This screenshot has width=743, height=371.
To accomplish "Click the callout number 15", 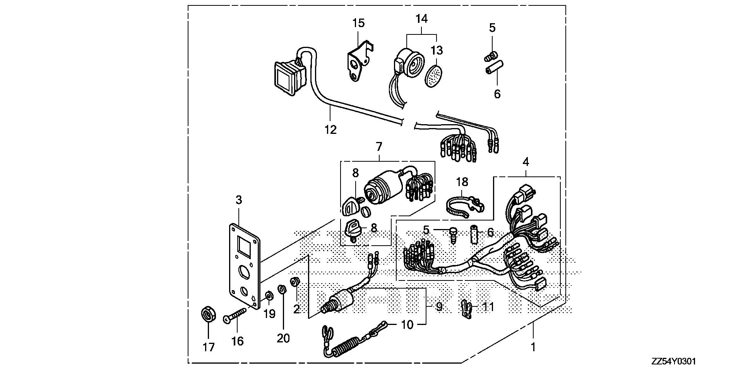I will [358, 23].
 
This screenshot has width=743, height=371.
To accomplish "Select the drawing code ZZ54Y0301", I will [673, 362].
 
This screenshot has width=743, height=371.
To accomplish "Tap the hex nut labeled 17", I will [208, 314].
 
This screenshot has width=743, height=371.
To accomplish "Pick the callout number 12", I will [330, 129].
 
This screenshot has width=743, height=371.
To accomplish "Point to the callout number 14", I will [422, 18].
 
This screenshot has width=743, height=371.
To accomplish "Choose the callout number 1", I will [533, 347].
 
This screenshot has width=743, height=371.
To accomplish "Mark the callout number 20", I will [283, 338].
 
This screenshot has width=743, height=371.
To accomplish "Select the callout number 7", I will [379, 147].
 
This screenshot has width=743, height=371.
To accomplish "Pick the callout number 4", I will [526, 162].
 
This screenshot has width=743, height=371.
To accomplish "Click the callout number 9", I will [438, 307].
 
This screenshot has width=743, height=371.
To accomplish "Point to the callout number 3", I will [238, 200].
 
